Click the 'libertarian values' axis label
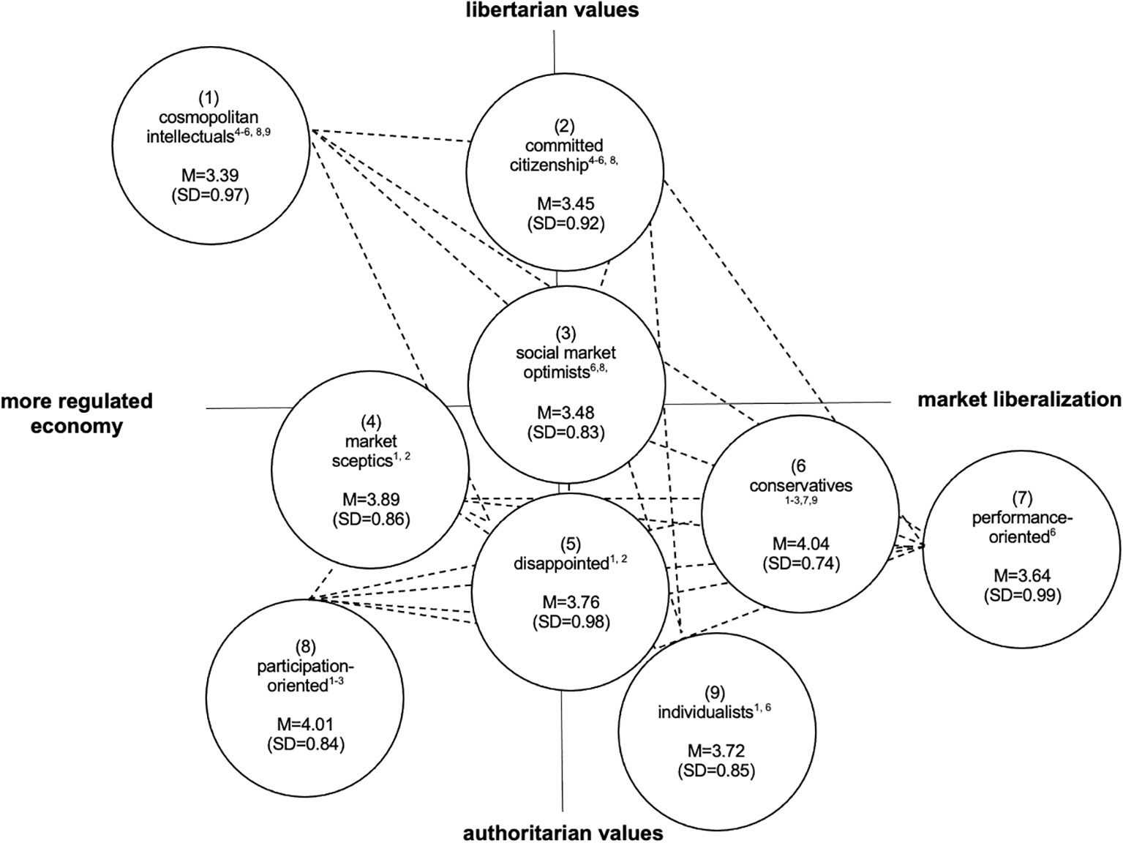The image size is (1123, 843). (553, 10)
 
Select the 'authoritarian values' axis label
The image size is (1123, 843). (563, 833)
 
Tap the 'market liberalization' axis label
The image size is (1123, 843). (1019, 400)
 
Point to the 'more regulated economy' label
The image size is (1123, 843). (77, 413)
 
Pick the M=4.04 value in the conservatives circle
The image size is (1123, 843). (801, 544)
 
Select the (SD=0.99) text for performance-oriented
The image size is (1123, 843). (1022, 595)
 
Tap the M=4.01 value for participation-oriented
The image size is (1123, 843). (305, 724)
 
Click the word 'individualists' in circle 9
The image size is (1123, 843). (705, 711)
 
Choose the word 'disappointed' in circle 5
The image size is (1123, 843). (560, 563)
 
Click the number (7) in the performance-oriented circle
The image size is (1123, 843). (1022, 498)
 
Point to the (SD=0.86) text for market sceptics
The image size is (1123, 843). (371, 519)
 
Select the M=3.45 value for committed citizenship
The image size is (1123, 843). (566, 204)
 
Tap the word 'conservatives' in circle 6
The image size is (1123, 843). (800, 485)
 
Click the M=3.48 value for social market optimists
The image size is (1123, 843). (566, 413)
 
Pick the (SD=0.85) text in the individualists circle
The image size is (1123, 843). (716, 770)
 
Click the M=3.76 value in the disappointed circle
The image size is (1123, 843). (571, 602)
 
